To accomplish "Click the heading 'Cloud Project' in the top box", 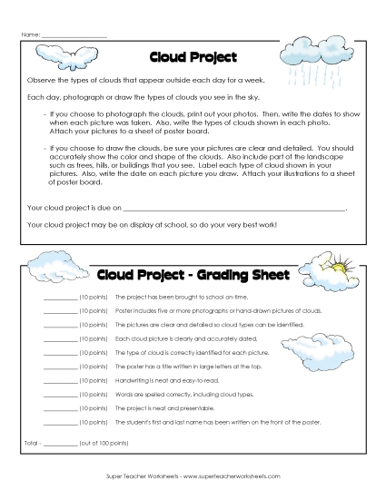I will (192, 57).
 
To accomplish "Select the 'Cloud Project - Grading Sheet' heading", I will (193, 275).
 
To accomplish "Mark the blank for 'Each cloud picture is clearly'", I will (60, 336).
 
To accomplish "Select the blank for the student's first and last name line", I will (60, 423).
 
